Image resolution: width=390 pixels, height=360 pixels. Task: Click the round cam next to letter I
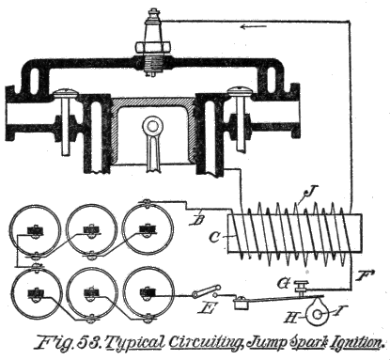click(304, 305)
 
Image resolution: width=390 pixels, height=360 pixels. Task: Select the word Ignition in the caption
click(348, 341)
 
